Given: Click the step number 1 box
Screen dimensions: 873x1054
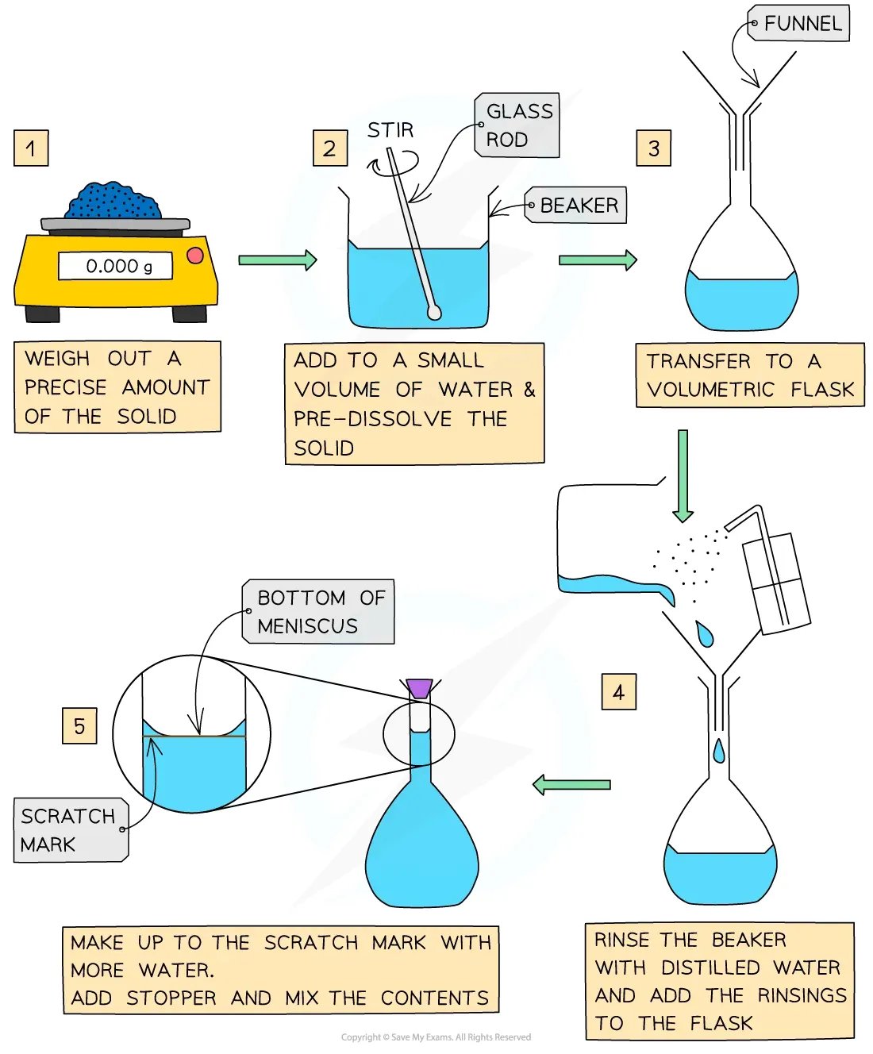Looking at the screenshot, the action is coord(31,148).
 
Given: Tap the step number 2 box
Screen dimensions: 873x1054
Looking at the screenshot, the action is coord(329,148).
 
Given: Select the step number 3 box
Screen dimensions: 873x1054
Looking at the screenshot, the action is coord(653,148).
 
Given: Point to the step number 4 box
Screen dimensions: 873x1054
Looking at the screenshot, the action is coord(618,691).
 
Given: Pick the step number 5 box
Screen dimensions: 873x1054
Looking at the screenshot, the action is coord(79,726).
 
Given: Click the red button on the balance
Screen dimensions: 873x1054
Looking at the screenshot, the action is coord(195,256).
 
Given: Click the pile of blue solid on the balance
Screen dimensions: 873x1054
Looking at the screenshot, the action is coord(114,200).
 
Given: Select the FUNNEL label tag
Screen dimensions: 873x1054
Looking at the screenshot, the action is coord(798,23).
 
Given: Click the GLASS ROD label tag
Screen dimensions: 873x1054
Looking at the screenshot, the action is coord(517,125).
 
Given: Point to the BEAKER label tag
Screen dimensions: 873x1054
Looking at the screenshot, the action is coord(575,205).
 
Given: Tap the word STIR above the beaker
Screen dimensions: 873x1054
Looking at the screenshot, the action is coord(390,130).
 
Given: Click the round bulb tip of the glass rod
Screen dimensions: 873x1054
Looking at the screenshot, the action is coord(434,313).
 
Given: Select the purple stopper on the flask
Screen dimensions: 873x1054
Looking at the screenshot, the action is coord(420,689).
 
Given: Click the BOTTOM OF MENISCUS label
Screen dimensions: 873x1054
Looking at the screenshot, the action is coord(318,611).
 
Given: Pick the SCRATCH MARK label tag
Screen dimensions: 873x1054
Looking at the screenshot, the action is coord(71,830).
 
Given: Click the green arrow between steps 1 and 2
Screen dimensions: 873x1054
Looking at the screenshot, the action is coord(278,260).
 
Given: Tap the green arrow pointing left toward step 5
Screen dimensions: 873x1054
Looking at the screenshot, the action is coord(571,784).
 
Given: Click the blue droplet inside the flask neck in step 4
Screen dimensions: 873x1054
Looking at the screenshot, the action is coord(719,750).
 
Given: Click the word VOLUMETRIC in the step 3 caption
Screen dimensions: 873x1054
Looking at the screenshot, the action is coord(710,389).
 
